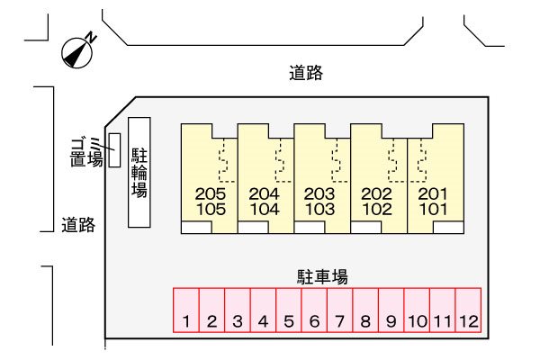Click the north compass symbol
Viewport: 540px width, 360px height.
78,53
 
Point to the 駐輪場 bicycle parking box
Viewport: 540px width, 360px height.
140,172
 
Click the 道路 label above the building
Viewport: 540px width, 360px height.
306,74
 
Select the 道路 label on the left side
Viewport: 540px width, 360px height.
78,224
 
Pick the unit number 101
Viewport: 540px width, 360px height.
433,209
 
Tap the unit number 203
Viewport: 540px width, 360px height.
320,193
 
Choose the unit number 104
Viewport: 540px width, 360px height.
265,209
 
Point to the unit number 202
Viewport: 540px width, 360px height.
376,193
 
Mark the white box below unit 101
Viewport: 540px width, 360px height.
421,228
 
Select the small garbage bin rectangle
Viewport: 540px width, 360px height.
114,149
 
